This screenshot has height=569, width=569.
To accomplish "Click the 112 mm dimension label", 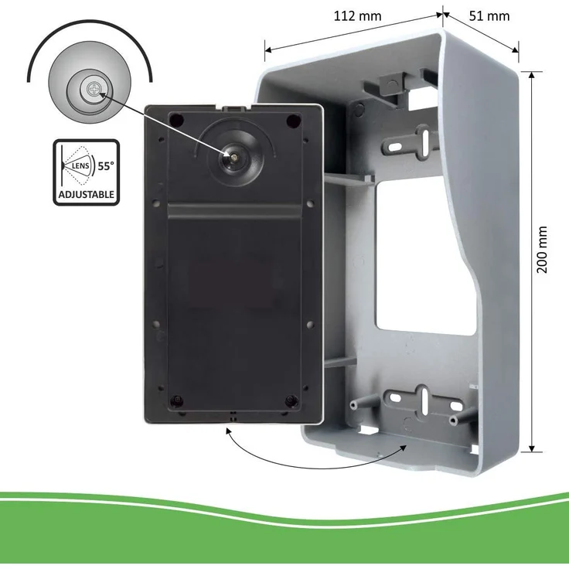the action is click(x=357, y=16).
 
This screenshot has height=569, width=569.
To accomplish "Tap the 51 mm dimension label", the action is click(x=489, y=16).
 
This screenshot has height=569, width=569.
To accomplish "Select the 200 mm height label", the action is click(x=541, y=250).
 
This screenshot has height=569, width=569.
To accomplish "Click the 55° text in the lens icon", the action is click(x=106, y=166).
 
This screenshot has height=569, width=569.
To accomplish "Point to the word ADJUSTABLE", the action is click(x=87, y=195).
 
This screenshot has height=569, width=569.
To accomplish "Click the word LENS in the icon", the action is click(x=80, y=166).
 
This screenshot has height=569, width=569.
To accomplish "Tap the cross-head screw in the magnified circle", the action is click(x=94, y=89).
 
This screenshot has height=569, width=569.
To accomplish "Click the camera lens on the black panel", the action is click(x=234, y=157).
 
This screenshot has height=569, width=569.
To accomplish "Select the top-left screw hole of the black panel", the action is click(x=177, y=120).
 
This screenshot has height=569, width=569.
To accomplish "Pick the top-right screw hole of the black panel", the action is click(x=293, y=121).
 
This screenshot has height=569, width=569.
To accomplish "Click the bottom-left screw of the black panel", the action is click(x=176, y=400).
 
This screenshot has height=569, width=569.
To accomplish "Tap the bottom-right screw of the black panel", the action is click(x=291, y=400).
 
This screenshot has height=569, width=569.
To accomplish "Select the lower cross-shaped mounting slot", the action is click(x=424, y=401).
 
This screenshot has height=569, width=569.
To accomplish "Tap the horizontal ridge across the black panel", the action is click(x=234, y=211).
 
